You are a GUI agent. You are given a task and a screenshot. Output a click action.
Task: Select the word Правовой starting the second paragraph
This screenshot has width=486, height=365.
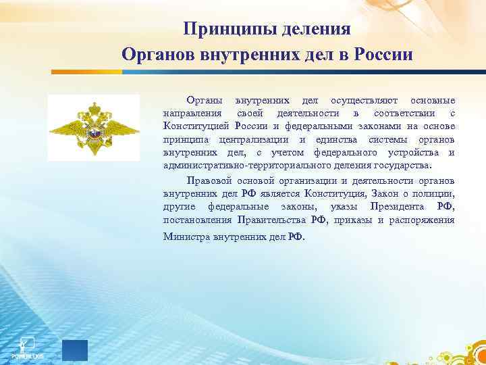click(x=207, y=181)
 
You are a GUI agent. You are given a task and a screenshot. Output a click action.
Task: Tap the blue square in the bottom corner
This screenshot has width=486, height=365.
click(x=75, y=351)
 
